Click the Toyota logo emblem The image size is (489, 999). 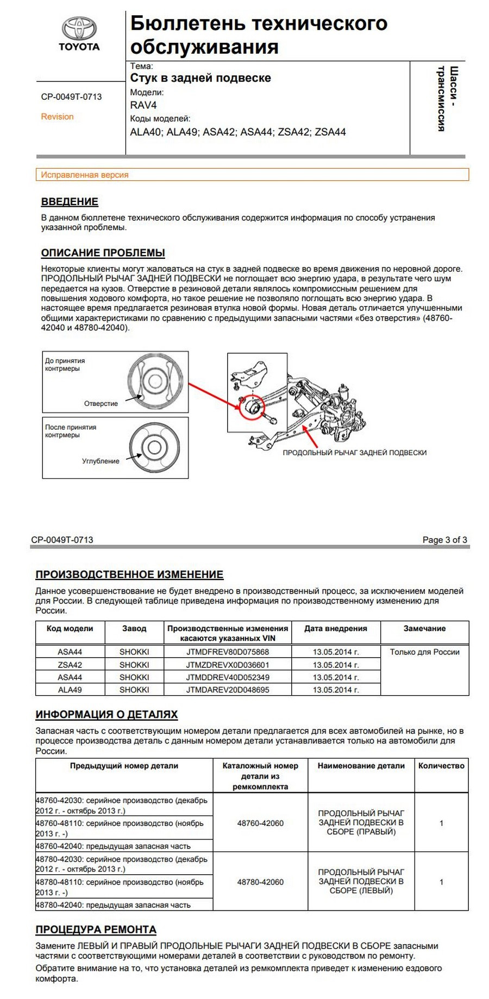pyautogui.click(x=79, y=28)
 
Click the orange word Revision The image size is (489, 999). pyautogui.click(x=57, y=117)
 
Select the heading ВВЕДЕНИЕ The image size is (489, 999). pyautogui.click(x=70, y=202)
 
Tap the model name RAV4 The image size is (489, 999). pyautogui.click(x=143, y=105)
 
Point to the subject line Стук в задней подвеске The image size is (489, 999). pyautogui.click(x=200, y=78)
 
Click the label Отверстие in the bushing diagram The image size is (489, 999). pyautogui.click(x=101, y=404)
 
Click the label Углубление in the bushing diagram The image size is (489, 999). pyautogui.click(x=101, y=461)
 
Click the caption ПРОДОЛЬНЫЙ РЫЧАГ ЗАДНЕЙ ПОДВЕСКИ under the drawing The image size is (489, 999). pyautogui.click(x=354, y=453)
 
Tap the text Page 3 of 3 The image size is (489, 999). pyautogui.click(x=444, y=540)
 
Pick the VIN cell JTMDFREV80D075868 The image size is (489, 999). pyautogui.click(x=227, y=652)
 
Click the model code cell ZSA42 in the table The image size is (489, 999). pyautogui.click(x=70, y=665)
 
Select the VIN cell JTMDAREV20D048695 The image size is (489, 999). pyautogui.click(x=227, y=690)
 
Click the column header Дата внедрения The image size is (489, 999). pyautogui.click(x=335, y=628)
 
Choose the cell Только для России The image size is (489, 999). pyautogui.click(x=424, y=652)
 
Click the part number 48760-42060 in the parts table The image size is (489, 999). pyautogui.click(x=260, y=823)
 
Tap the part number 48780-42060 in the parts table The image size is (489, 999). pyautogui.click(x=260, y=882)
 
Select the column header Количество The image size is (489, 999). pyautogui.click(x=441, y=766)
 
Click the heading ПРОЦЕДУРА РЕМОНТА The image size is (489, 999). pyautogui.click(x=96, y=930)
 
